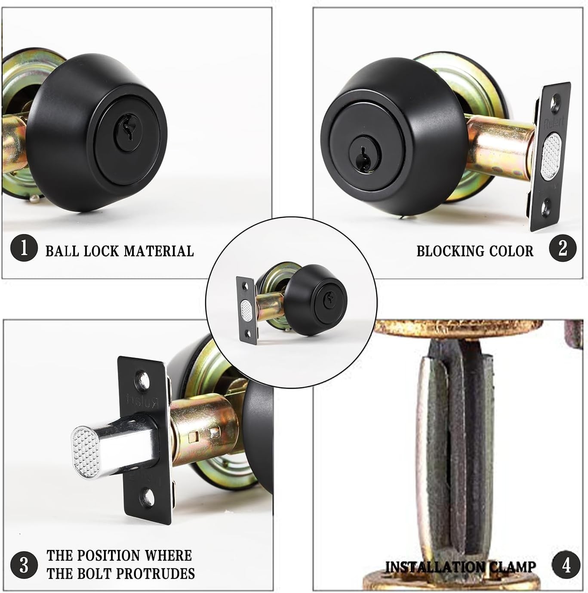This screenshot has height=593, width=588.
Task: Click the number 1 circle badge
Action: pyautogui.click(x=24, y=248)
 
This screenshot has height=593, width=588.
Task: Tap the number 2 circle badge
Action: pyautogui.click(x=563, y=248)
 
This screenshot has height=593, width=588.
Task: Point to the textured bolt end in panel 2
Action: pyautogui.click(x=551, y=156)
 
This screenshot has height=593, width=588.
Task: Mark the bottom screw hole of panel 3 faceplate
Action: pyautogui.click(x=148, y=496)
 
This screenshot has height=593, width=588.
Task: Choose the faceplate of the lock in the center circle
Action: pyautogui.click(x=246, y=310)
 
